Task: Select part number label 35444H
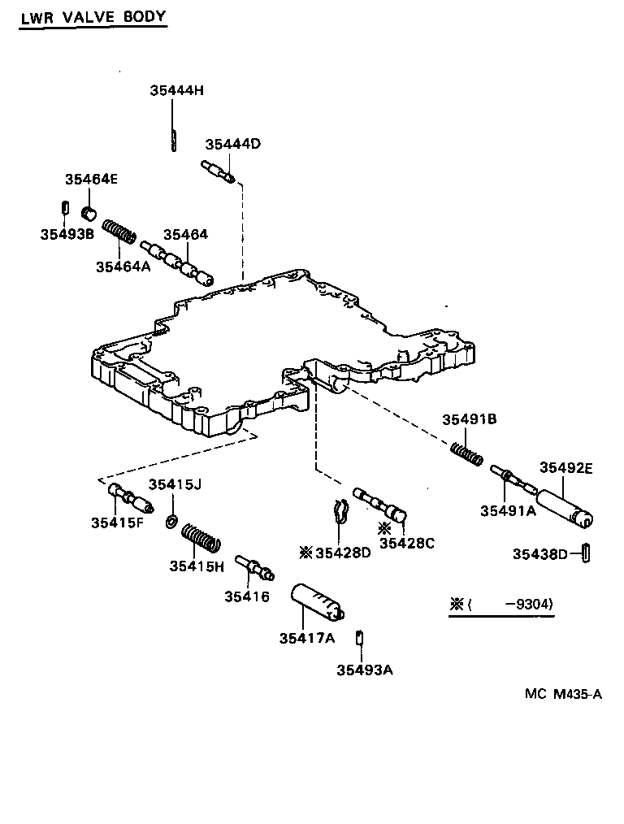(x=176, y=90)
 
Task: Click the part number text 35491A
(x=508, y=510)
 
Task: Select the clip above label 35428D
(x=341, y=511)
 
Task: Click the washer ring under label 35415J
(x=172, y=519)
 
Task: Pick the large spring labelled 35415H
(x=200, y=539)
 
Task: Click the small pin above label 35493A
(x=358, y=638)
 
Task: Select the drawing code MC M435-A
(x=563, y=693)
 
